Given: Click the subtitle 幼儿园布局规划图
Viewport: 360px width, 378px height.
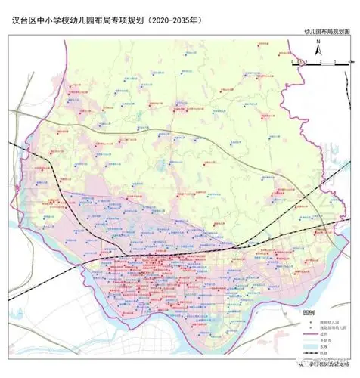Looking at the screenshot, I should click(327, 33).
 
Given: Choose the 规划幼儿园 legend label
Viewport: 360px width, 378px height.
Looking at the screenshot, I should click(331, 321).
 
